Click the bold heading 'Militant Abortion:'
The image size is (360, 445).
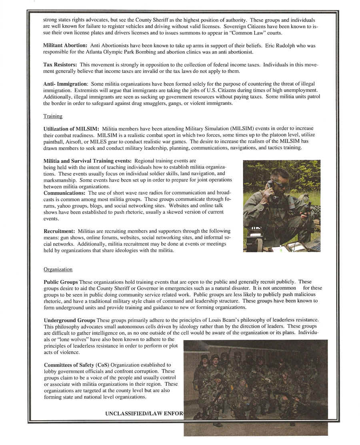pyautogui.click(x=65, y=46)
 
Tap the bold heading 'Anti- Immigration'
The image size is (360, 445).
pyautogui.click(x=65, y=84)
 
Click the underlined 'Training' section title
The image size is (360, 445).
pyautogui.click(x=53, y=116)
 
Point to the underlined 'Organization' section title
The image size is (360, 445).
pyautogui.click(x=58, y=269)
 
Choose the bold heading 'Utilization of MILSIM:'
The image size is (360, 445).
pyautogui.click(x=71, y=128)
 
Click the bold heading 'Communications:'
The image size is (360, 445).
pyautogui.click(x=64, y=193)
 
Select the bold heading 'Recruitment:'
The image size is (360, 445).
pyautogui.click(x=60, y=231)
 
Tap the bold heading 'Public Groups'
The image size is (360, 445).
pyautogui.click(x=61, y=282)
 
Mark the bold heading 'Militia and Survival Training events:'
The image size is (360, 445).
pyautogui.click(x=88, y=160)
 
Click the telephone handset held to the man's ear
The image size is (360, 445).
pyautogui.click(x=271, y=185)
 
